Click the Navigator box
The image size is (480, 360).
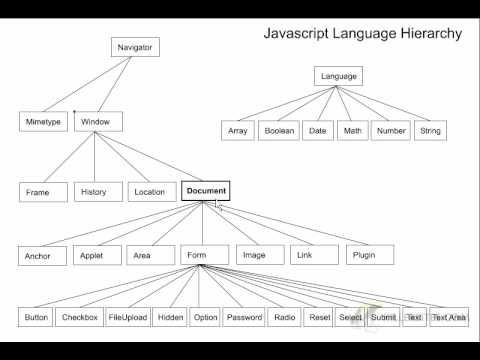(x=133, y=47)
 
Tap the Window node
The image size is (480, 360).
(x=98, y=122)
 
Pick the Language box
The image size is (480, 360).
(x=338, y=76)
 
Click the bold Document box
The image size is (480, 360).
(x=206, y=190)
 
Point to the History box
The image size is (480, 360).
(x=93, y=190)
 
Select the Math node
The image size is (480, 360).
(x=352, y=131)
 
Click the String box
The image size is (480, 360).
(x=431, y=131)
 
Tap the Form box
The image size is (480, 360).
(x=196, y=255)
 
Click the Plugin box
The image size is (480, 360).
(x=364, y=255)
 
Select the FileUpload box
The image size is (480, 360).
(x=128, y=318)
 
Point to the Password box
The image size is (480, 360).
(x=244, y=318)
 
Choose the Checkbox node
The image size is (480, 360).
(x=79, y=318)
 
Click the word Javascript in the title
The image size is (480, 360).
(x=297, y=33)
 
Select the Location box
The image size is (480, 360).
(x=149, y=191)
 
